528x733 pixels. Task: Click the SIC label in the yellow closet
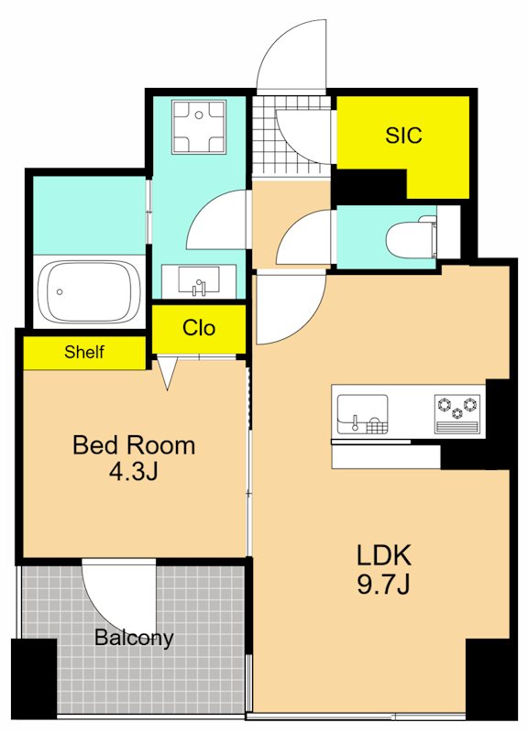click(403, 135)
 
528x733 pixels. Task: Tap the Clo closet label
click(199, 328)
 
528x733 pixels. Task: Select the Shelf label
click(84, 352)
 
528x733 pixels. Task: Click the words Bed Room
click(134, 445)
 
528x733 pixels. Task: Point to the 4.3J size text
click(134, 472)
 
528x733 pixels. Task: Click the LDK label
click(383, 555)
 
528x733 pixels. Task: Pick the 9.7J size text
click(383, 584)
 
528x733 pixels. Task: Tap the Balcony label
click(134, 638)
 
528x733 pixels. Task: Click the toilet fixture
click(412, 238)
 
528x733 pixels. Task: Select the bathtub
click(89, 292)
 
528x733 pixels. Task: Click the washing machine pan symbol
click(199, 126)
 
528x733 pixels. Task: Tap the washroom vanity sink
click(199, 281)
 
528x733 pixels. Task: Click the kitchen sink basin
click(362, 414)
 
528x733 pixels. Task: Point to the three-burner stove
click(457, 414)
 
